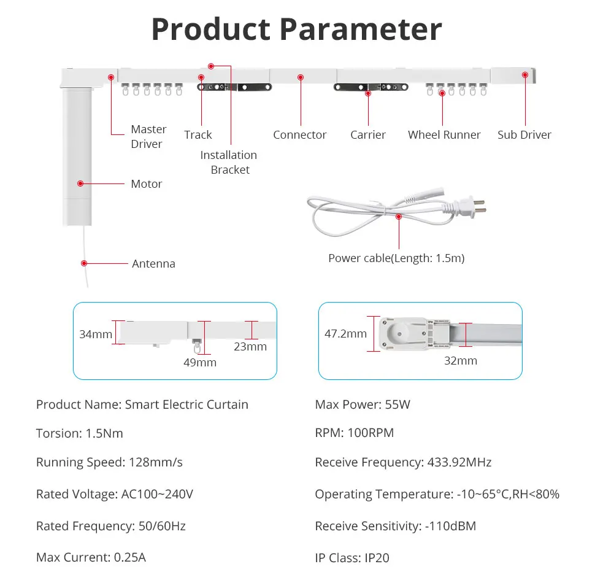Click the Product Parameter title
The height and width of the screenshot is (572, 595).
tap(296, 29)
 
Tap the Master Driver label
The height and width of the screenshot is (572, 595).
tap(148, 137)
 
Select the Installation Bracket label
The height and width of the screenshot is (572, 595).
tap(229, 163)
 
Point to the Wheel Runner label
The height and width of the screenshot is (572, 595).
tap(444, 135)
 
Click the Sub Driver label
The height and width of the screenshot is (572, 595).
tap(524, 135)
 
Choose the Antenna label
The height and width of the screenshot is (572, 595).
tap(153, 264)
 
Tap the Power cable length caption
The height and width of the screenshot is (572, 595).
tap(396, 258)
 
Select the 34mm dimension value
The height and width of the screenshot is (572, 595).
tap(96, 334)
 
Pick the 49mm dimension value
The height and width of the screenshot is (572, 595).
tap(201, 363)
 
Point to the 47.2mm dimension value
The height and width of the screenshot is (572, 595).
tap(345, 334)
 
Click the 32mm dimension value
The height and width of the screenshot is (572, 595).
tap(461, 361)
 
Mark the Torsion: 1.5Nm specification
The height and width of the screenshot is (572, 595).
tap(80, 433)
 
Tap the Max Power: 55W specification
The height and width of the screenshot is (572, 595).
tap(363, 404)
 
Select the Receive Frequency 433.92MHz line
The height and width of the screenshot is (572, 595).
tap(403, 462)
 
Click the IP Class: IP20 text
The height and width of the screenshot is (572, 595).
tap(352, 558)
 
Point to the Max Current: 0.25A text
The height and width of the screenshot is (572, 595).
tap(91, 557)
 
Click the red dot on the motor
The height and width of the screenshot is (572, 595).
tap(80, 183)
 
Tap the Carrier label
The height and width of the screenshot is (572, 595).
tap(368, 135)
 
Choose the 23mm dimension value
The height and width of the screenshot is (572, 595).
tap(250, 347)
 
